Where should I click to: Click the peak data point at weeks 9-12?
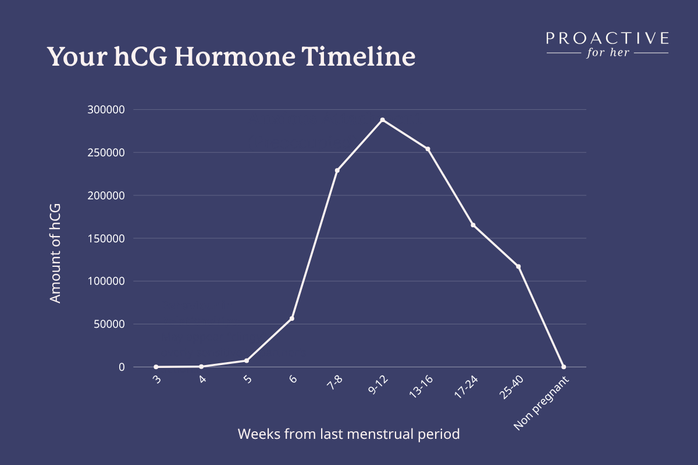tap(382, 120)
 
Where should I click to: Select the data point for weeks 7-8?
tap(337, 170)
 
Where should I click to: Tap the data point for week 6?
tap(291, 319)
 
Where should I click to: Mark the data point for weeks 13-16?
tap(428, 149)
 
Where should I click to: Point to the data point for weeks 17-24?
tap(473, 225)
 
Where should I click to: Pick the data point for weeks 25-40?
tap(518, 266)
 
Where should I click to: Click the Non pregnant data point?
tap(564, 367)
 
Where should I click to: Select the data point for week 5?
tap(247, 360)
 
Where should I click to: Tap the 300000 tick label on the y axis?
tap(106, 110)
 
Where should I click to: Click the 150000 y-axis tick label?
tap(106, 238)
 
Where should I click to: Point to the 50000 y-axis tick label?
tap(109, 324)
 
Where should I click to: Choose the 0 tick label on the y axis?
tap(122, 367)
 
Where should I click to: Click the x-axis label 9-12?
tap(378, 385)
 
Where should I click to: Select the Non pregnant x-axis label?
tap(541, 403)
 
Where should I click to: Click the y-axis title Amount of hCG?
tap(55, 253)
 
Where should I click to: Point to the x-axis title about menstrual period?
tap(348, 434)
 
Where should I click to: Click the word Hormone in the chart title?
tap(234, 57)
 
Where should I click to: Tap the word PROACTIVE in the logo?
tap(607, 38)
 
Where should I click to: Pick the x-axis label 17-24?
tap(466, 387)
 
